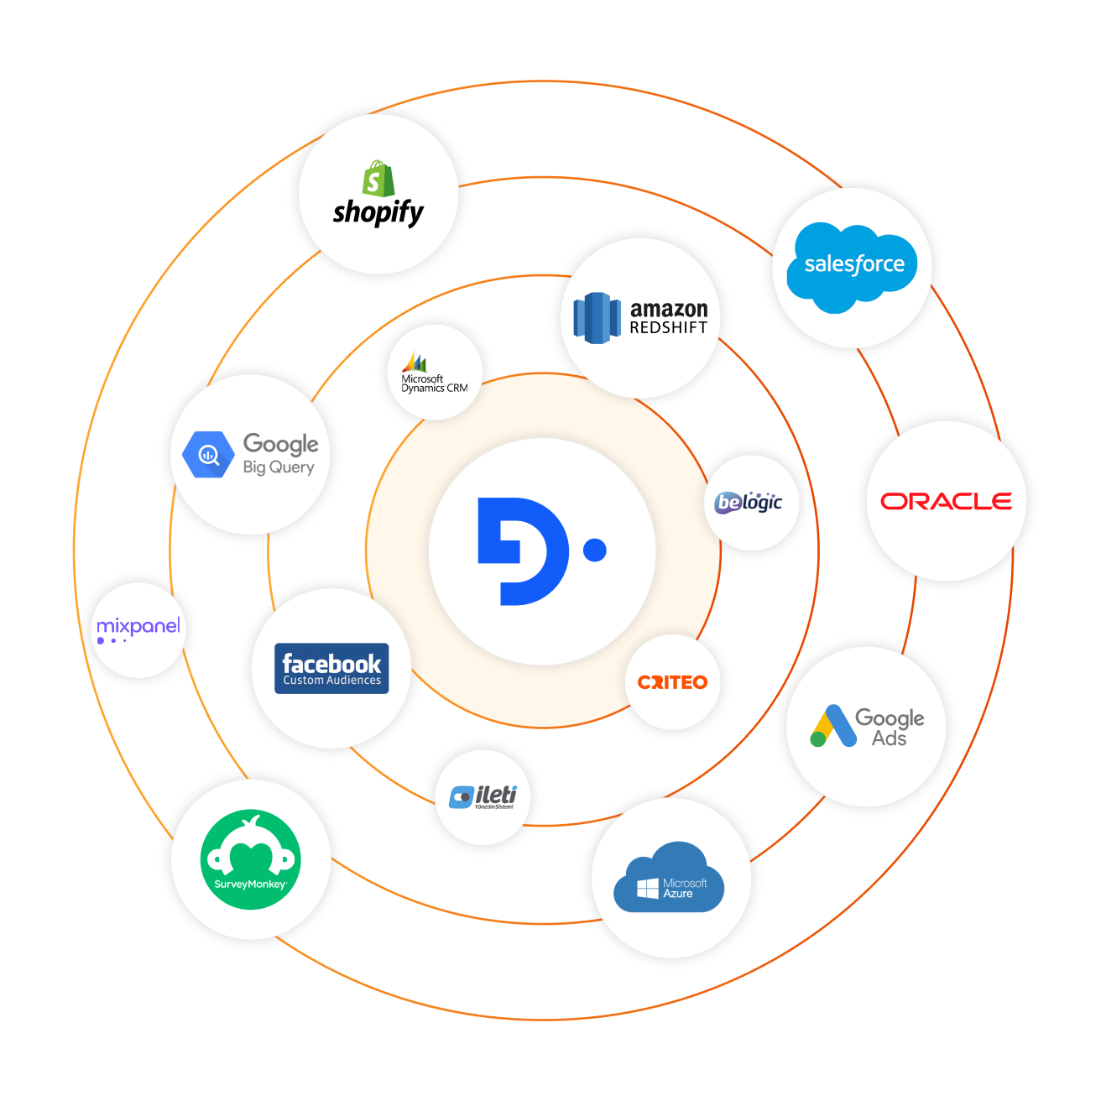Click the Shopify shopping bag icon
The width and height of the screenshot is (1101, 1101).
pyautogui.click(x=378, y=179)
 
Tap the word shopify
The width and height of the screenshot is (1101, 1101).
pyautogui.click(x=378, y=212)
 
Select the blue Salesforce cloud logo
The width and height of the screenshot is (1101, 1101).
pyautogui.click(x=852, y=266)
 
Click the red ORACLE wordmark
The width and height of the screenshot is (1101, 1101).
pyautogui.click(x=946, y=501)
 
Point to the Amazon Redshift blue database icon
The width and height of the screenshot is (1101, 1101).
pyautogui.click(x=597, y=318)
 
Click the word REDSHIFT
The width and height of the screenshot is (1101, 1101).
pyautogui.click(x=669, y=328)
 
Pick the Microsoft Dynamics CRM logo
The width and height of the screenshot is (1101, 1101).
pyautogui.click(x=434, y=373)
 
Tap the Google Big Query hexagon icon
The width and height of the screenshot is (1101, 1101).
pyautogui.click(x=207, y=455)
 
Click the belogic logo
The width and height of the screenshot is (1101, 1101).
pyautogui.click(x=749, y=503)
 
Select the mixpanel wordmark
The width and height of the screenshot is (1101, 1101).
pyautogui.click(x=138, y=626)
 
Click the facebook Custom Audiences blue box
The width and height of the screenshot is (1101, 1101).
pyautogui.click(x=331, y=669)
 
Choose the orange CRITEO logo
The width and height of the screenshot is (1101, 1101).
pyautogui.click(x=672, y=682)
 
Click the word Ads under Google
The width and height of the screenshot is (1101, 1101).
pyautogui.click(x=889, y=738)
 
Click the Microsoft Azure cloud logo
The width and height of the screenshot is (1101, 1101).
pyautogui.click(x=669, y=879)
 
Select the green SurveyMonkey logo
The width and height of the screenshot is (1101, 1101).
pyautogui.click(x=250, y=859)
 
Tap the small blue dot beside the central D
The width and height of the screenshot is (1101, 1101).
pyautogui.click(x=595, y=550)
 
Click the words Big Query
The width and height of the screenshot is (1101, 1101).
pyautogui.click(x=279, y=467)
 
